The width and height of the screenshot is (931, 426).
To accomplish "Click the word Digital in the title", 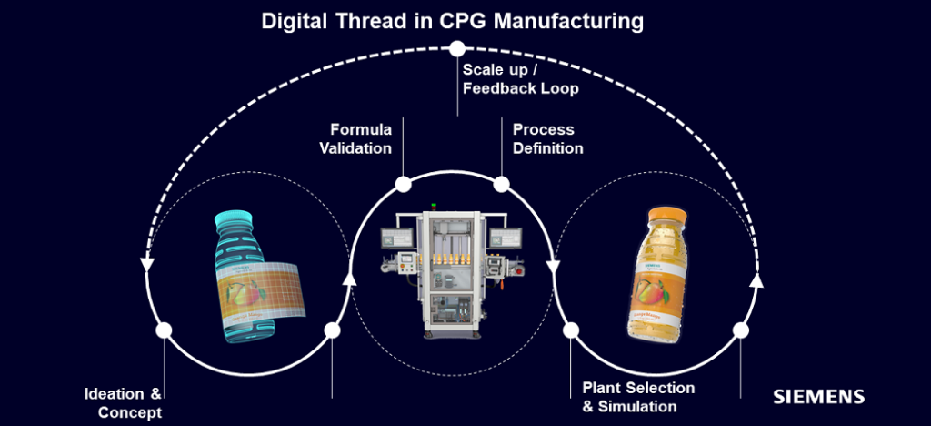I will (x=292, y=20).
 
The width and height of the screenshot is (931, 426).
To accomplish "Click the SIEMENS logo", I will (x=818, y=397).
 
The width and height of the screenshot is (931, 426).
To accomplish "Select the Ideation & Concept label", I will (x=122, y=403).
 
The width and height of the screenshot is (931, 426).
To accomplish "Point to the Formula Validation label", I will (x=360, y=138).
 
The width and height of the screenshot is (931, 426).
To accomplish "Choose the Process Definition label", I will (x=547, y=138).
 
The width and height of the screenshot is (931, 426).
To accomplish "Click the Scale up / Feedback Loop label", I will (x=520, y=79).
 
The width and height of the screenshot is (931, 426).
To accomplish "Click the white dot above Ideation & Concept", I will (x=164, y=330).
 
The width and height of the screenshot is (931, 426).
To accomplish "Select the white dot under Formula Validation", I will (x=403, y=185).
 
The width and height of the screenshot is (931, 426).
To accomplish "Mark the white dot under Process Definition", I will (x=501, y=185).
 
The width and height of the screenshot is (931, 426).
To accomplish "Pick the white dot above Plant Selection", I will (x=572, y=330).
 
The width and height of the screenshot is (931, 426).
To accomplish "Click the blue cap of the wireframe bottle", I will (x=234, y=220).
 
